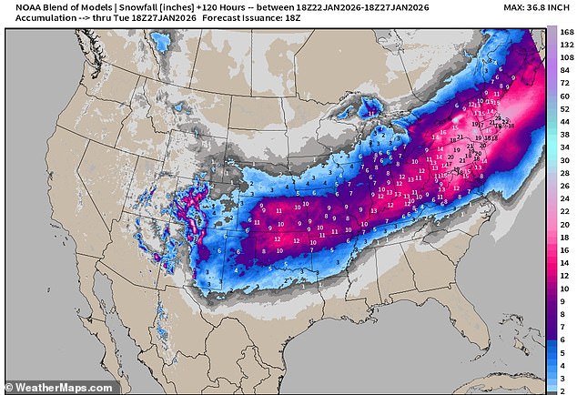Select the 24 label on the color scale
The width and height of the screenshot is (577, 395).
tap(567, 197)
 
